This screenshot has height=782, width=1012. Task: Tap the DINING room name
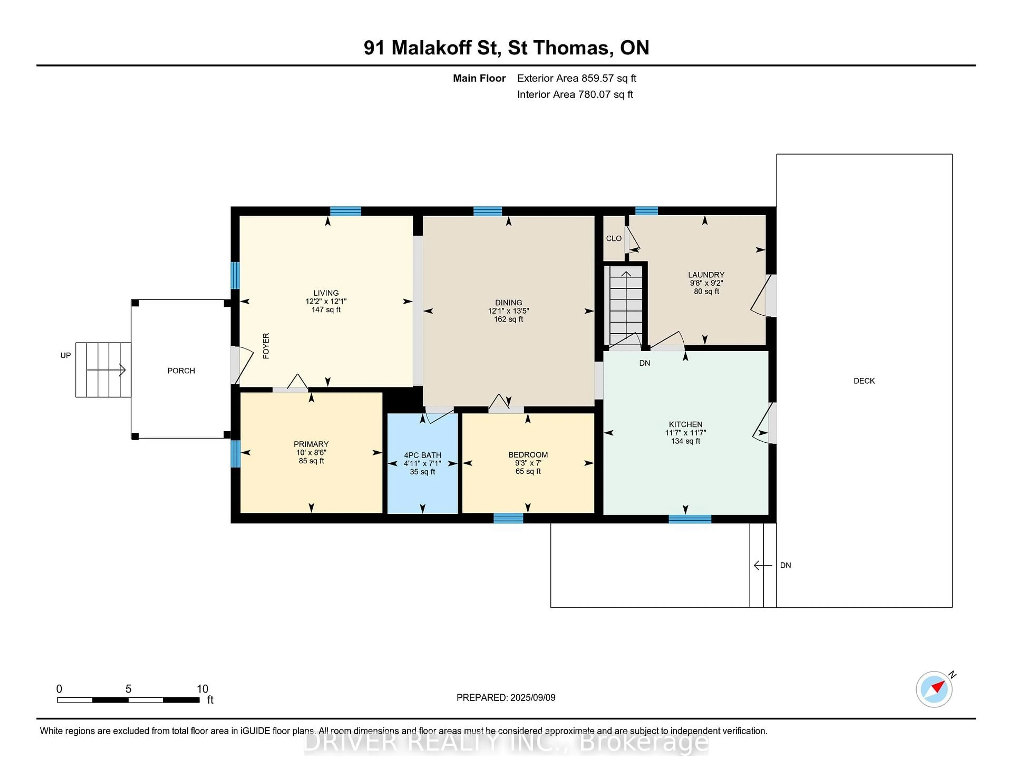tap(508, 302)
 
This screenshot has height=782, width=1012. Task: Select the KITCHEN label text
tap(685, 424)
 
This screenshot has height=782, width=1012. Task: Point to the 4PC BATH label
tap(422, 455)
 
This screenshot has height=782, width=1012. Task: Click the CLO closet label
tap(614, 239)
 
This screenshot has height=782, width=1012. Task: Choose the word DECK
tap(864, 381)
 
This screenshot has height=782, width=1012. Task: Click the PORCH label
tap(181, 371)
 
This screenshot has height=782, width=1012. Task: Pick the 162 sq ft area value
tap(508, 319)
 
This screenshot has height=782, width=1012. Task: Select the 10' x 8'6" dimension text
tap(312, 453)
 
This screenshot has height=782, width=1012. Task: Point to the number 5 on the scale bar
tap(128, 689)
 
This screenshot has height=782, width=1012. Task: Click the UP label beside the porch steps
tap(65, 355)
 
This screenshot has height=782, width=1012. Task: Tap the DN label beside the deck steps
tap(785, 565)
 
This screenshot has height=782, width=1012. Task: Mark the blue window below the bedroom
tap(508, 519)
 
